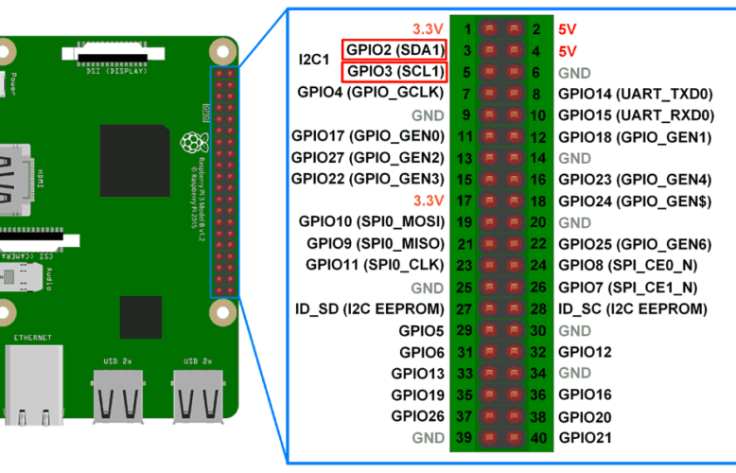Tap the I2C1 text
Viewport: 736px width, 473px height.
[x=313, y=60]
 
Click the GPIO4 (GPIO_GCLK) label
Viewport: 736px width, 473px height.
[x=371, y=93]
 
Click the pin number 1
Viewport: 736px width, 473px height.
[x=467, y=29]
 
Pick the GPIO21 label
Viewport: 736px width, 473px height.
[x=585, y=438]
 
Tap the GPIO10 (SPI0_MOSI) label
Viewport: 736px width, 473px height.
[x=371, y=221]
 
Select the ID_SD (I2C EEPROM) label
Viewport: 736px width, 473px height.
[x=368, y=308]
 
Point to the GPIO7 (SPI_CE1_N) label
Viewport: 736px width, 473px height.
[x=627, y=287]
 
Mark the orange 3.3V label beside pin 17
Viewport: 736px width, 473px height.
[x=428, y=201]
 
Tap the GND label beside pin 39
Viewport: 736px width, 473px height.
[x=428, y=438]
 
